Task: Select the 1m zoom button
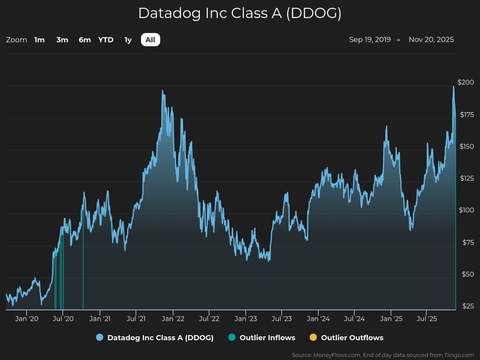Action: coord(39,40)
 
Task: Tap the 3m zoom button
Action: coord(62,40)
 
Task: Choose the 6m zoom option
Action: coord(85,40)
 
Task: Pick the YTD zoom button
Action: coord(106,40)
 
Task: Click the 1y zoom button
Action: coord(128,40)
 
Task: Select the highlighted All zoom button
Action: coord(150,40)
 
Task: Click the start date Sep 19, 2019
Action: coord(370,40)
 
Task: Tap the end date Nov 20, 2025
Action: coord(431,40)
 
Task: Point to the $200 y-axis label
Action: coord(466,82)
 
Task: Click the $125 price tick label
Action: coord(467,178)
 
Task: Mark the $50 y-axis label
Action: coord(468,274)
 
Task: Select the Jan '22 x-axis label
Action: coord(173,319)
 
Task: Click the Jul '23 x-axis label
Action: coord(282,319)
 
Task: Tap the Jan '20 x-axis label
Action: coord(27,319)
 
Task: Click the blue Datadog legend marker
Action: coord(100,337)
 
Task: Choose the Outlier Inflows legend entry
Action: coord(261,337)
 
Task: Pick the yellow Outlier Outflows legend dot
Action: coord(313,337)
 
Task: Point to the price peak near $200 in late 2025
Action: coord(453,87)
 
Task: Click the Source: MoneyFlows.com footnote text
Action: coord(383,355)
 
